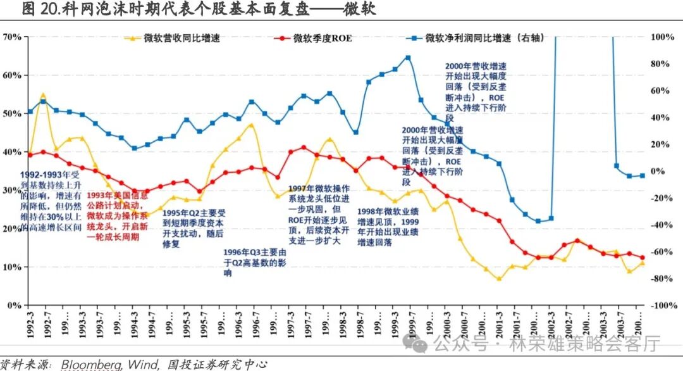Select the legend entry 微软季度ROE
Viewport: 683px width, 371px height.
(x=322, y=38)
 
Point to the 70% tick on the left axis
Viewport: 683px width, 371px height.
(x=12, y=37)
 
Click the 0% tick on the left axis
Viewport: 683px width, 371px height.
(x=15, y=305)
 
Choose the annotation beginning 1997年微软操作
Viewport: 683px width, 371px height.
(x=319, y=215)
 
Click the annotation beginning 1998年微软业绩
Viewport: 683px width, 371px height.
(x=388, y=227)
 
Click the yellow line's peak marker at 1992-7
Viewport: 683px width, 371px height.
(x=43, y=96)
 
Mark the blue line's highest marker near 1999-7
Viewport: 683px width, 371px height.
(x=408, y=58)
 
